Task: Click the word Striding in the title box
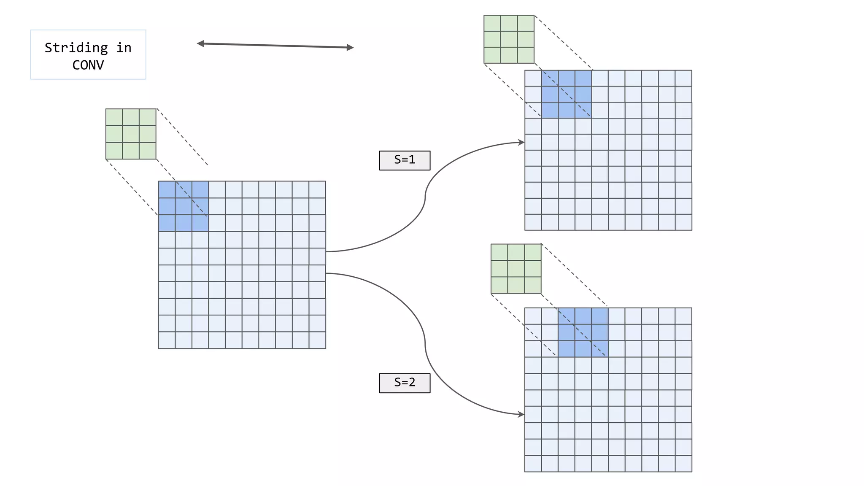[76, 48]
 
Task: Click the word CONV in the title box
[88, 65]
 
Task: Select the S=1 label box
[405, 160]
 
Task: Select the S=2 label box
[405, 383]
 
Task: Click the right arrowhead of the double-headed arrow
[350, 48]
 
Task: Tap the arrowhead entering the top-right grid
[521, 143]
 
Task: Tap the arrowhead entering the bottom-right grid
[521, 414]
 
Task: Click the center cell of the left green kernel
[131, 134]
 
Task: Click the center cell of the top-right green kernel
[509, 39]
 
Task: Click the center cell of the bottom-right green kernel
[516, 268]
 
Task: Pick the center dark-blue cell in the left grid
[184, 206]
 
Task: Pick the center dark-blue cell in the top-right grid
[567, 94]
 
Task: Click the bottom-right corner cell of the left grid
[317, 340]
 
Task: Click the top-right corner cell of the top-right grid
[683, 78]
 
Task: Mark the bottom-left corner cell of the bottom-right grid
[533, 463]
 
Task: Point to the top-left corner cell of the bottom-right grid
[533, 316]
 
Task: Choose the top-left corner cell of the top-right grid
[533, 78]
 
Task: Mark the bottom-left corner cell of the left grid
[167, 340]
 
